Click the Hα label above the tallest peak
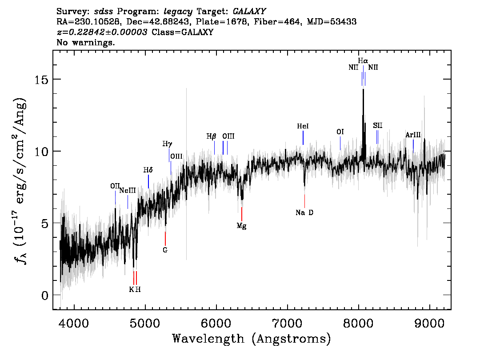tap(363, 60)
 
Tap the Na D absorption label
tap(304, 212)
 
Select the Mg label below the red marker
tap(241, 226)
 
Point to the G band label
tap(165, 250)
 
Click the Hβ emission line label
tap(211, 136)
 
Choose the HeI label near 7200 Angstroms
tap(303, 126)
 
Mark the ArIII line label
tap(413, 135)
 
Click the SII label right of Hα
tap(377, 125)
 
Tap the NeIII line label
tap(128, 191)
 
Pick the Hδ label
tap(148, 170)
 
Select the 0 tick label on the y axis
tap(44, 295)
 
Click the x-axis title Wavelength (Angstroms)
tap(252, 339)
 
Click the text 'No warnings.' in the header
tap(86, 43)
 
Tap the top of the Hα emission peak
tap(363, 90)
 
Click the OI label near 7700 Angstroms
tap(340, 132)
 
